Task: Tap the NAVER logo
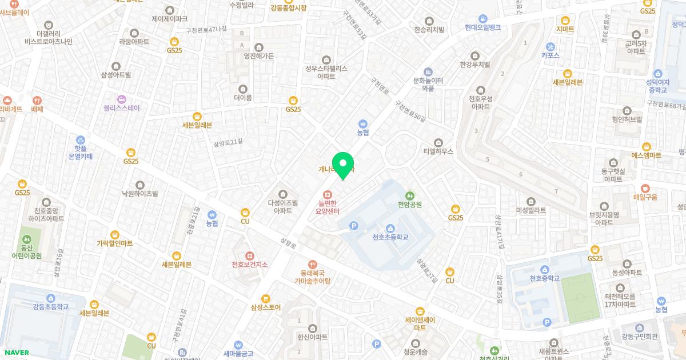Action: [x=15, y=352]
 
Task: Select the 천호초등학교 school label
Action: [x=390, y=237]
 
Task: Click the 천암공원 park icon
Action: [x=409, y=195]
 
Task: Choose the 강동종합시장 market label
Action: [x=289, y=8]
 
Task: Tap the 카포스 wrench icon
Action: [x=551, y=46]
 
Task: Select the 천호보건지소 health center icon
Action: [x=249, y=255]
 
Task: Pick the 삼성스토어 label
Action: [x=265, y=307]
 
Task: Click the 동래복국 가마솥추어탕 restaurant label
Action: [x=312, y=277]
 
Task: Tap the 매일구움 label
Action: [x=645, y=197]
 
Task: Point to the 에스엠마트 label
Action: [x=646, y=155]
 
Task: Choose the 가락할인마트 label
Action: [x=114, y=243]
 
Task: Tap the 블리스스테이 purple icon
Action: [x=121, y=99]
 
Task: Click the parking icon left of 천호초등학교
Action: [x=354, y=227]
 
